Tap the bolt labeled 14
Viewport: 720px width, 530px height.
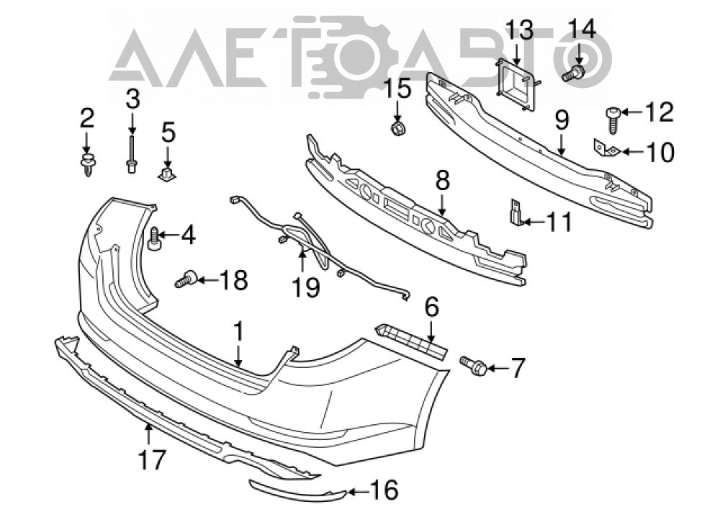point(574,73)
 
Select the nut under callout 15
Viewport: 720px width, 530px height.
point(397,129)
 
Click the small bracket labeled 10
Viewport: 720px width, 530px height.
point(605,149)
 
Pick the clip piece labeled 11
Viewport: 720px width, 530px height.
point(516,212)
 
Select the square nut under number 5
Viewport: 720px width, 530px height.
point(167,175)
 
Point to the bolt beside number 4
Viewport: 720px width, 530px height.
point(153,238)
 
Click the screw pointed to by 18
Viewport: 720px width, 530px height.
point(186,279)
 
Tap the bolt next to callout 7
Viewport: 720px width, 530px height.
point(472,365)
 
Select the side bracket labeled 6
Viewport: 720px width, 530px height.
point(411,341)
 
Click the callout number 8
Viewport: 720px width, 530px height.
point(442,181)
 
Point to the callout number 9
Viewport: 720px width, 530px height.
point(562,120)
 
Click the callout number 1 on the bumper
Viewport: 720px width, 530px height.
point(238,331)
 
